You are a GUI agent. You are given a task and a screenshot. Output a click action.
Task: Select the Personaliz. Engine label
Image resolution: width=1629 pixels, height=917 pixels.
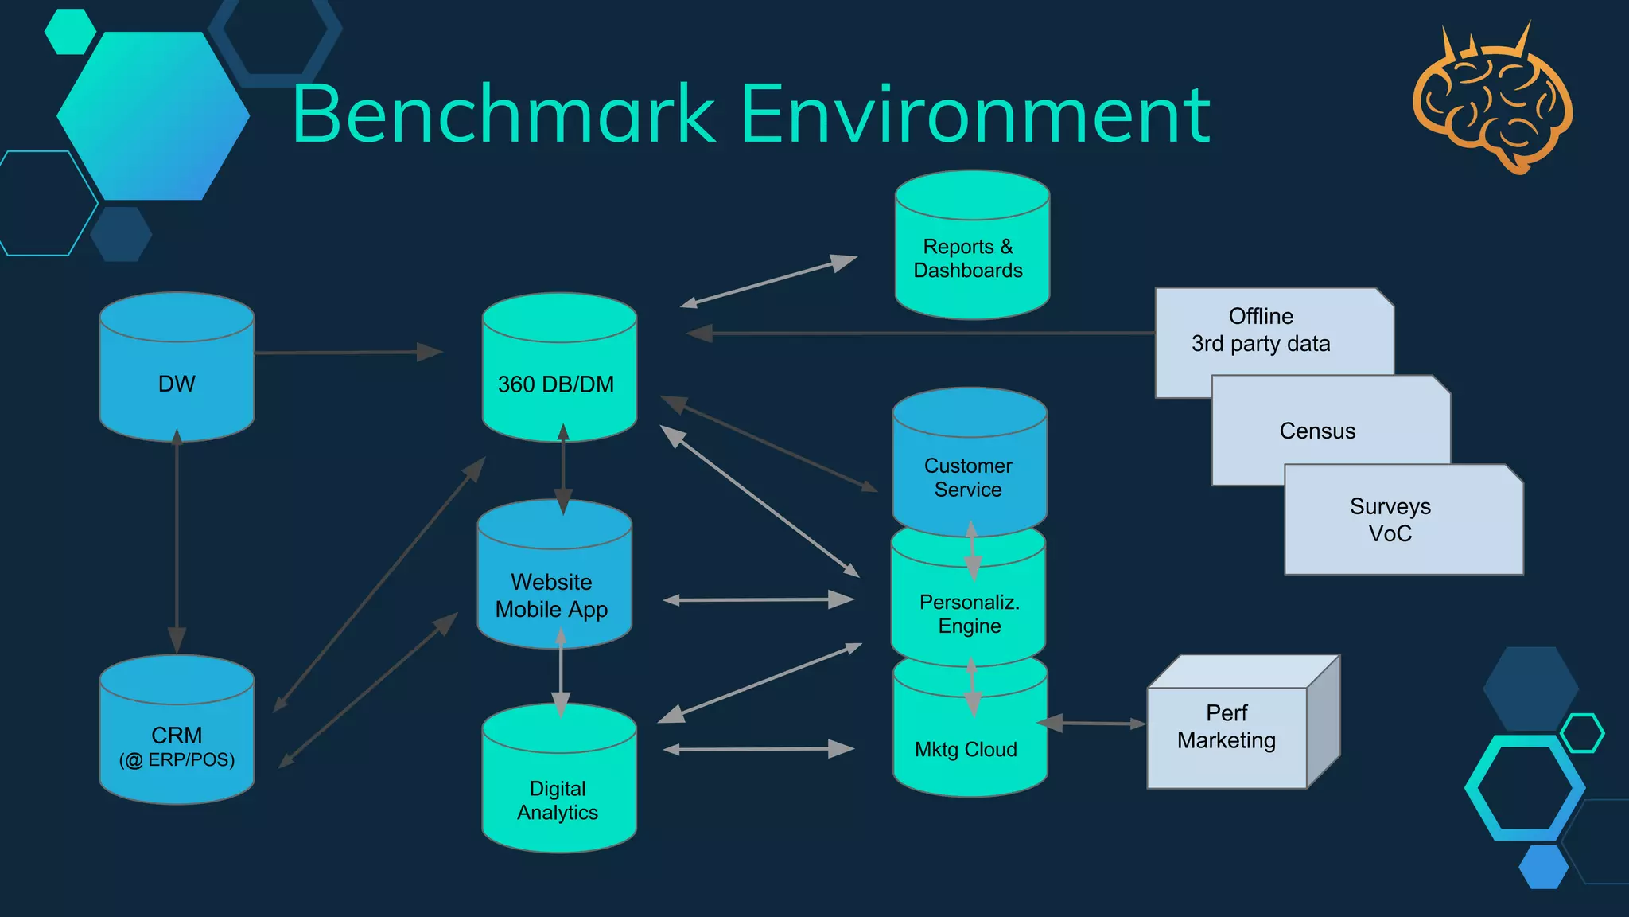(x=969, y=614)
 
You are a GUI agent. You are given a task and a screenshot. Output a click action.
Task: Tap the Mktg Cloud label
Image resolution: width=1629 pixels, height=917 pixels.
(x=966, y=749)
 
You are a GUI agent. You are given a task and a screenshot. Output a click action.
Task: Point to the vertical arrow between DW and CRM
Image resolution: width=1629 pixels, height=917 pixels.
(x=177, y=541)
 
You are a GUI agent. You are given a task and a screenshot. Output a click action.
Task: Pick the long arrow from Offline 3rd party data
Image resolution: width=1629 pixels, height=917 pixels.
(x=923, y=333)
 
